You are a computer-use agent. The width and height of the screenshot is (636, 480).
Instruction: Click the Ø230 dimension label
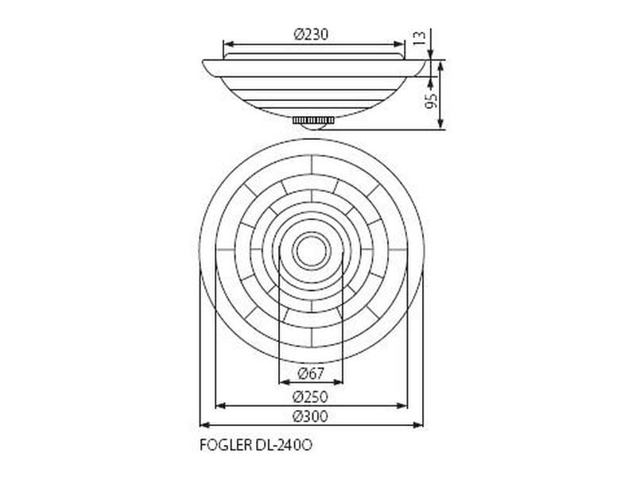click(x=311, y=34)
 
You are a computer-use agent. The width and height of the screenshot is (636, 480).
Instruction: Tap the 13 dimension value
click(x=420, y=37)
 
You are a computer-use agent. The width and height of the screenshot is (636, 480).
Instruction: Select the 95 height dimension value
click(x=431, y=101)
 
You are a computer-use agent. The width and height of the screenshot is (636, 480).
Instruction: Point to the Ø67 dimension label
click(x=311, y=373)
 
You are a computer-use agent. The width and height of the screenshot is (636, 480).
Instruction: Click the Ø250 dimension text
click(x=310, y=397)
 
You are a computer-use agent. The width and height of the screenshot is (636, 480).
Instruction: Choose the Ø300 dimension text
click(x=310, y=416)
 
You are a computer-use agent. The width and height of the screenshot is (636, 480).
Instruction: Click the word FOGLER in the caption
click(x=226, y=445)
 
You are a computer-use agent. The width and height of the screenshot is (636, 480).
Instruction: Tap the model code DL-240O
click(x=284, y=445)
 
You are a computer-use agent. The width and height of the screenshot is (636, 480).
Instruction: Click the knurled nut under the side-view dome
click(x=313, y=121)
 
